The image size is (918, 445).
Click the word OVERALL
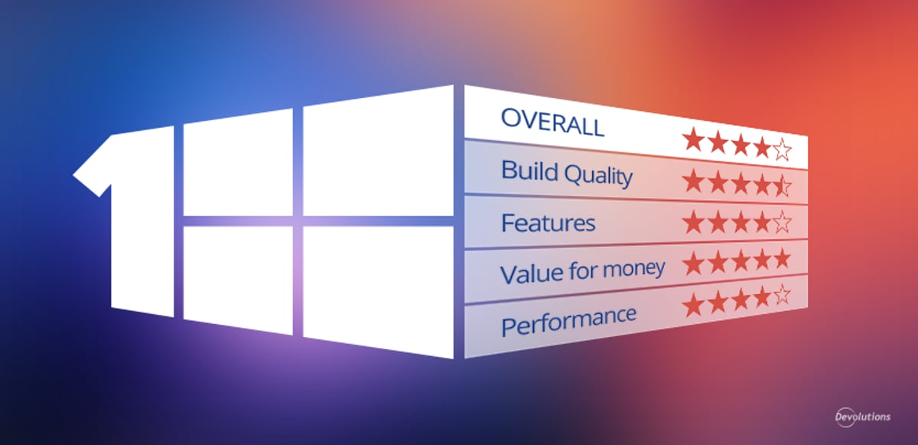click(552, 123)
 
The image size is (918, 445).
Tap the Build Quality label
click(567, 174)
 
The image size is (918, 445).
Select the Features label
click(548, 224)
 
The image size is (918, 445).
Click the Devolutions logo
click(862, 417)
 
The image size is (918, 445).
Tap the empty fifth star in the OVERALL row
click(781, 149)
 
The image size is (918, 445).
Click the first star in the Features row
click(693, 223)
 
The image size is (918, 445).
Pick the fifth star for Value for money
click(781, 259)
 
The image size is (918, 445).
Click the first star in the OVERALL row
click(693, 140)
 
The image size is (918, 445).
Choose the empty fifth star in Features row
click(781, 223)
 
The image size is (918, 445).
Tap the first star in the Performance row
click(693, 306)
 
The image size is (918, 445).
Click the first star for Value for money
click(693, 264)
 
